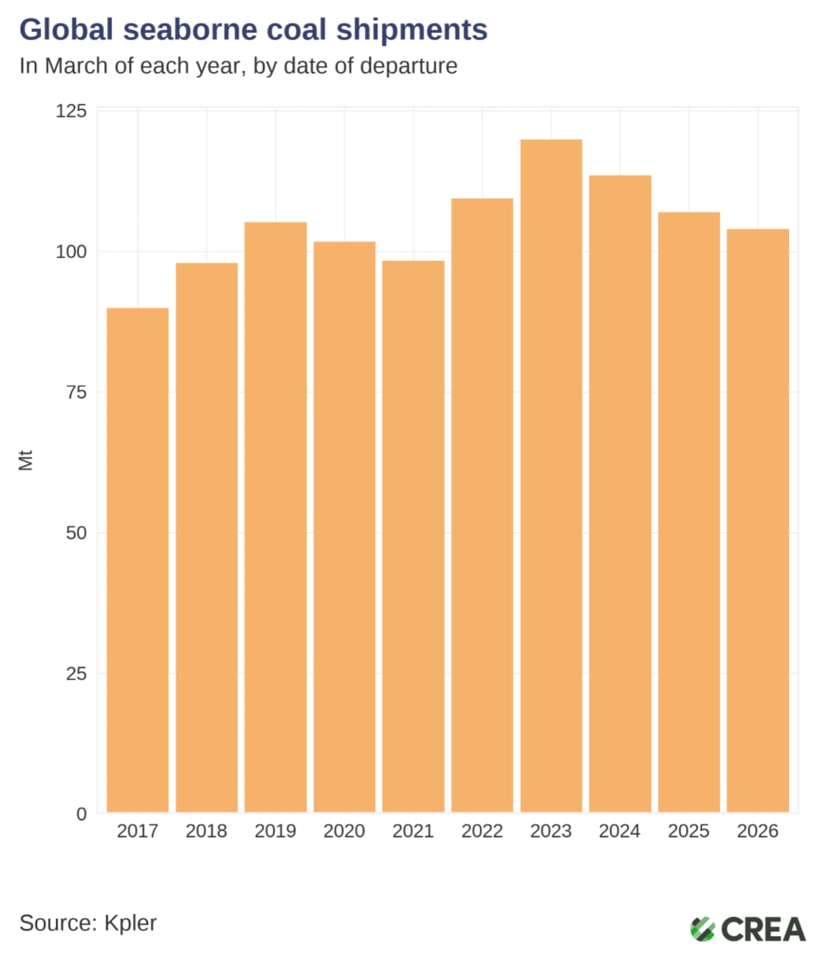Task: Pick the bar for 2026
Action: [x=757, y=521]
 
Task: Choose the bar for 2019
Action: [x=275, y=517]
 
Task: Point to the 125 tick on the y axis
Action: [x=71, y=111]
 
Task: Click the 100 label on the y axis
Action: [x=71, y=251]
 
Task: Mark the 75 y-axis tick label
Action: [x=76, y=393]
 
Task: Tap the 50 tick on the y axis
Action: [x=76, y=533]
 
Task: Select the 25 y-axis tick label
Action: [x=76, y=673]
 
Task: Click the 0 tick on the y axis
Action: [x=82, y=814]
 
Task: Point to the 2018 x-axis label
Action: [x=207, y=831]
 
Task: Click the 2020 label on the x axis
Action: [x=344, y=831]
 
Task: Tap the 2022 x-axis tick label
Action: [x=482, y=831]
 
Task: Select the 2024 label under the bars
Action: [x=620, y=831]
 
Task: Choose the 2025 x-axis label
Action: [x=688, y=831]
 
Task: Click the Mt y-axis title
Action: [x=25, y=460]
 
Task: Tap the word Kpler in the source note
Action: [x=130, y=923]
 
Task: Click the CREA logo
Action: [x=747, y=929]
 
